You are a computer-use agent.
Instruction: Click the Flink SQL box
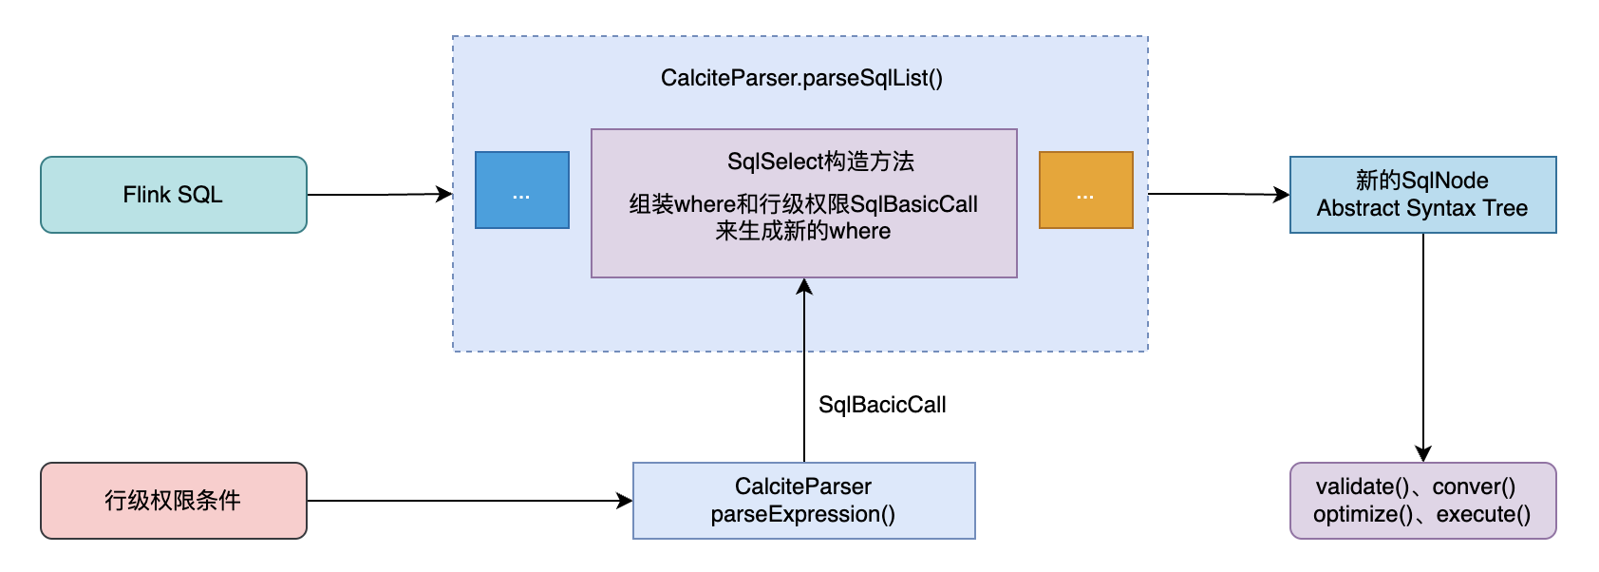click(173, 195)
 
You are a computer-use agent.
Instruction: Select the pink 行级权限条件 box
click(173, 501)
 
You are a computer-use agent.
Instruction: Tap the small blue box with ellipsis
click(521, 190)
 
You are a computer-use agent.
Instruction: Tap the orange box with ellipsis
click(1085, 190)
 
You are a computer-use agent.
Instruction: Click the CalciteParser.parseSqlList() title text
click(801, 78)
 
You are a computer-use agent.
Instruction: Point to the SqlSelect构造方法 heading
click(820, 162)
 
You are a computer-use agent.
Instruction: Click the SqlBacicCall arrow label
click(882, 405)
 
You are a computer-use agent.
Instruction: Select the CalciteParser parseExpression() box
click(803, 501)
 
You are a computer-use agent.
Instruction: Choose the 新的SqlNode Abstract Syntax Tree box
click(1422, 195)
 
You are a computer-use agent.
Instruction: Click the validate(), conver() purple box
click(1422, 501)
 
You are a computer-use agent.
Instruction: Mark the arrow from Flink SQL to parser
click(380, 195)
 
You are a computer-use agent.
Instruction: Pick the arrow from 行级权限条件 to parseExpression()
click(470, 501)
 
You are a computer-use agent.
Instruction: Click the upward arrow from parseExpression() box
click(804, 371)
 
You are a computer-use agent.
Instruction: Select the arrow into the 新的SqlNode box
click(1219, 194)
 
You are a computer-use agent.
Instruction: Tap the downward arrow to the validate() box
click(1422, 347)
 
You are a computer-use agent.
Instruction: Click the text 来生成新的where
click(803, 231)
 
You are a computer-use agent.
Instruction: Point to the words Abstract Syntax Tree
click(1422, 208)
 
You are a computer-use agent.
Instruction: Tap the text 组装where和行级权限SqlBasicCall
click(803, 204)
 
